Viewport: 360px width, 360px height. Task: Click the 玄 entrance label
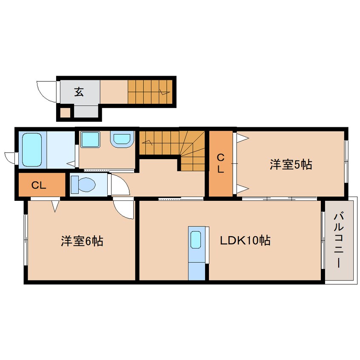tap(80, 91)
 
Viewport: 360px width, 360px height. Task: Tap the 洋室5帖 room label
tap(290, 164)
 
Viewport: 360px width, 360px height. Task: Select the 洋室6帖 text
tap(82, 241)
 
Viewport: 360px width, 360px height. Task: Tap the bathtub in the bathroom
tap(31, 150)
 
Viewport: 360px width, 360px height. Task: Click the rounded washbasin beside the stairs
tap(122, 139)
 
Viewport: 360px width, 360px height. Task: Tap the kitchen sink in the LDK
tap(196, 240)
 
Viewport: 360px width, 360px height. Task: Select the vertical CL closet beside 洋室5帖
tap(220, 163)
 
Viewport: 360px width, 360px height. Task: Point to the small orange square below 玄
tap(65, 113)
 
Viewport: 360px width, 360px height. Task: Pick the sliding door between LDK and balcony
tap(323, 241)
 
